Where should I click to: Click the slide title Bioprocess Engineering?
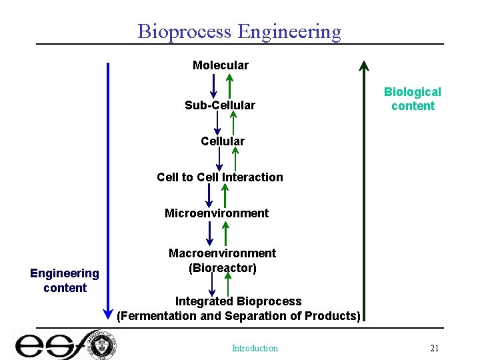tap(239, 31)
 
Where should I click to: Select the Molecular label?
tap(220, 65)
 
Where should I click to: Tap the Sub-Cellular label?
tap(219, 105)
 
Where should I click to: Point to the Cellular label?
tap(222, 141)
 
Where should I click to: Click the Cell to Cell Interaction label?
tap(220, 177)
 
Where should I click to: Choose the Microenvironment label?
tap(217, 213)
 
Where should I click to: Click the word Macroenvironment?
tap(222, 253)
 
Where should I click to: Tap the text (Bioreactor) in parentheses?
tap(222, 268)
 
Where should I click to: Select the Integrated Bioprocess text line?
tap(238, 301)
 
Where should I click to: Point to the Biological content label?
tap(412, 99)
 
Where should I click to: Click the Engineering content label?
tap(65, 280)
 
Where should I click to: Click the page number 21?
tap(434, 348)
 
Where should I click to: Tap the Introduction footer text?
tap(255, 348)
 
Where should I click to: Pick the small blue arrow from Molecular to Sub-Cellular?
tap(213, 85)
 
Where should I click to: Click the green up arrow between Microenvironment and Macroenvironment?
tap(225, 233)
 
